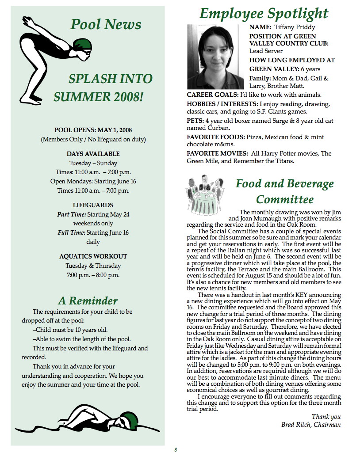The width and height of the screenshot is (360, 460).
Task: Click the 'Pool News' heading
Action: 106,24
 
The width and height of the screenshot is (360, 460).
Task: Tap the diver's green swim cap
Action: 81,45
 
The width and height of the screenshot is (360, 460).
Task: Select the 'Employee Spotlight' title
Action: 264,14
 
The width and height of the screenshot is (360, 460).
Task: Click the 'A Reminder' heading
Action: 88,301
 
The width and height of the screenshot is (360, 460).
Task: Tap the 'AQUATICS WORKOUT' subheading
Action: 93,256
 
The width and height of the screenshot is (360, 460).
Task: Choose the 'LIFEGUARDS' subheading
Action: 93,205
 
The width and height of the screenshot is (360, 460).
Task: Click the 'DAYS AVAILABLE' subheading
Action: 93,154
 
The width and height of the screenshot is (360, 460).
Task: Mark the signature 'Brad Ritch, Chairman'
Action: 311,425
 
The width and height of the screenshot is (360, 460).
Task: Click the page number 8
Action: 176,450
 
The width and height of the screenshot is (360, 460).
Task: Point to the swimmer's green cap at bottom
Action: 129,418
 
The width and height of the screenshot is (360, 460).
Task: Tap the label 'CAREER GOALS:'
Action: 212,95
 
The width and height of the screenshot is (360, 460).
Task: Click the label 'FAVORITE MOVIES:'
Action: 217,153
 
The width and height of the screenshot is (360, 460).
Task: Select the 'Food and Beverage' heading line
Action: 284,183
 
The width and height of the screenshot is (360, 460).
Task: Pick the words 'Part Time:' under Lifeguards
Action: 71,215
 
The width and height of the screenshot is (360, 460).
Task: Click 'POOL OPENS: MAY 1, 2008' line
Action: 93,130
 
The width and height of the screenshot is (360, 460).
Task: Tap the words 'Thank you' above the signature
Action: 326,417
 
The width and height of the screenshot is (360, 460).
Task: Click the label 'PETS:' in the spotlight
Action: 195,120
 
